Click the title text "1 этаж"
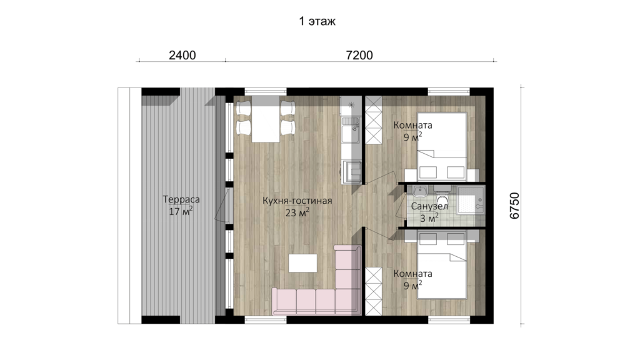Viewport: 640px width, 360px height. (317, 21)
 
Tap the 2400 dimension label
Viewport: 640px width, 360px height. (182, 55)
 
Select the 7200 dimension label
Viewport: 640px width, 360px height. (359, 55)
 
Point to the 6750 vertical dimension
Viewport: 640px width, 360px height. (515, 206)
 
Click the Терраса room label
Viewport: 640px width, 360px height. (181, 199)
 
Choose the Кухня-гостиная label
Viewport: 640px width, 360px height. (297, 201)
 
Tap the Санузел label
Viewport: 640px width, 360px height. (429, 206)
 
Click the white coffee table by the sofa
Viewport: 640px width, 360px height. (303, 263)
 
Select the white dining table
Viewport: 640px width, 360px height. (266, 119)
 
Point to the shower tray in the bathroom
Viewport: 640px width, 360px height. (471, 200)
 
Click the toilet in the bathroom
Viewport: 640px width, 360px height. (442, 196)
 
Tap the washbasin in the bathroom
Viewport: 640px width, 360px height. (419, 191)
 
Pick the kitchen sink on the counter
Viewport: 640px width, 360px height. (351, 129)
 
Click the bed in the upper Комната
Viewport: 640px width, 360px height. (442, 147)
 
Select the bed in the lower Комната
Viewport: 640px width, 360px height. (442, 266)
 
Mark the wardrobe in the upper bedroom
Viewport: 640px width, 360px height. (374, 120)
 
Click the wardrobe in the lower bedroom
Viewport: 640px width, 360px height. (374, 291)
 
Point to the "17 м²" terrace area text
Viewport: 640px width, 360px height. (181, 211)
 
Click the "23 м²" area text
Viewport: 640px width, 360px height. (297, 212)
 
